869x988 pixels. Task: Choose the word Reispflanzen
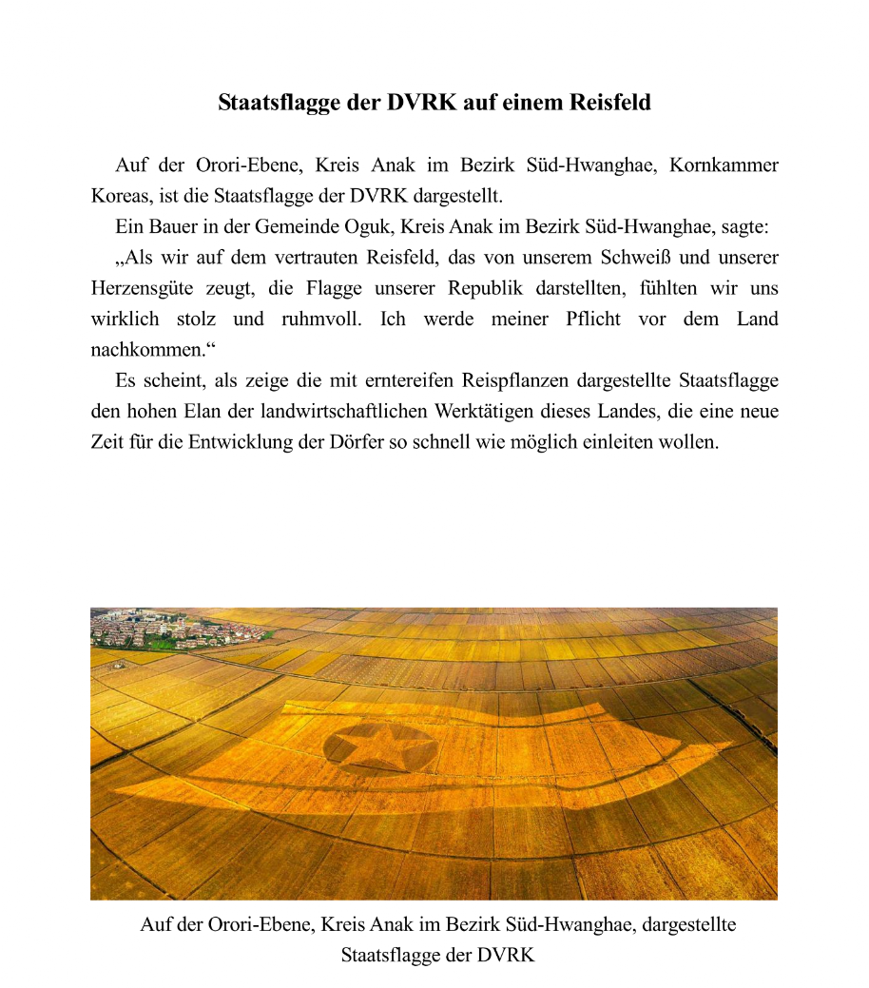tap(522, 381)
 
